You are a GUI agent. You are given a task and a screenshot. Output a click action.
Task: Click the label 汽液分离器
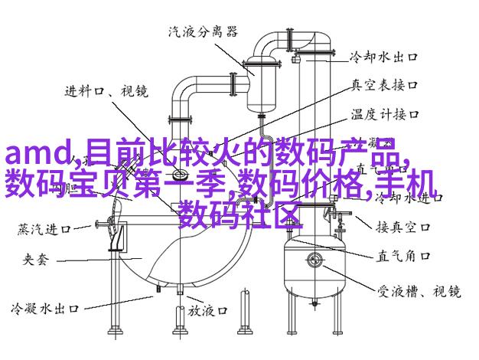(203, 31)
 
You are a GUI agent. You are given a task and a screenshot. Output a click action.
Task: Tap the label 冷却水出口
(383, 57)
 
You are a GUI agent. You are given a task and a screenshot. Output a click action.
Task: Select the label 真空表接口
(384, 85)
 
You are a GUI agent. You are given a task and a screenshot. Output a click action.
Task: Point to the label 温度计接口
(385, 114)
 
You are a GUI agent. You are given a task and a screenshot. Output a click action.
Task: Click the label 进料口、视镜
(106, 91)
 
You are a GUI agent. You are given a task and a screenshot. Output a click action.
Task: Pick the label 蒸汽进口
(44, 229)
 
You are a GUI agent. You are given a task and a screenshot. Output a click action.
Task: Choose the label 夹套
(36, 260)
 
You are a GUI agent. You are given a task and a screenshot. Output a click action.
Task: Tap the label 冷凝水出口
(45, 309)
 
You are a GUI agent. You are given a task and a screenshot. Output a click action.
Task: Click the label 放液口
(207, 311)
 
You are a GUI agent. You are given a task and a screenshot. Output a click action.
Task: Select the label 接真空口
(403, 227)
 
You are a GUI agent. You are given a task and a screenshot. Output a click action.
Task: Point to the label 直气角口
(403, 257)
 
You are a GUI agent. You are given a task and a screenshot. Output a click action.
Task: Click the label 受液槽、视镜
(419, 291)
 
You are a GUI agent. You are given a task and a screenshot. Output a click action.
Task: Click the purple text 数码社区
(240, 215)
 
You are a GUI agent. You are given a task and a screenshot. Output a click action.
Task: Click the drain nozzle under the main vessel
(180, 289)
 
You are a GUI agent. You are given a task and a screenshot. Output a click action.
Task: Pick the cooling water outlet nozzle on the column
(295, 58)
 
